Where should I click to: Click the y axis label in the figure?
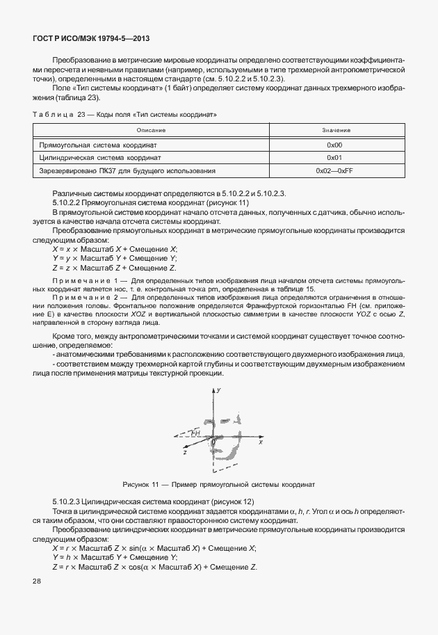(x=219, y=392)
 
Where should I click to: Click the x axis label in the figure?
(x=261, y=442)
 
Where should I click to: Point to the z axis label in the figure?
(x=186, y=452)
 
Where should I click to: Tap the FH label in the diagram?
(x=197, y=433)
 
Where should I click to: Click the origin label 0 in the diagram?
(x=213, y=442)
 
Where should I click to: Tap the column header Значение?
(x=335, y=131)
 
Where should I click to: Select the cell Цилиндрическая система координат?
(x=98, y=158)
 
